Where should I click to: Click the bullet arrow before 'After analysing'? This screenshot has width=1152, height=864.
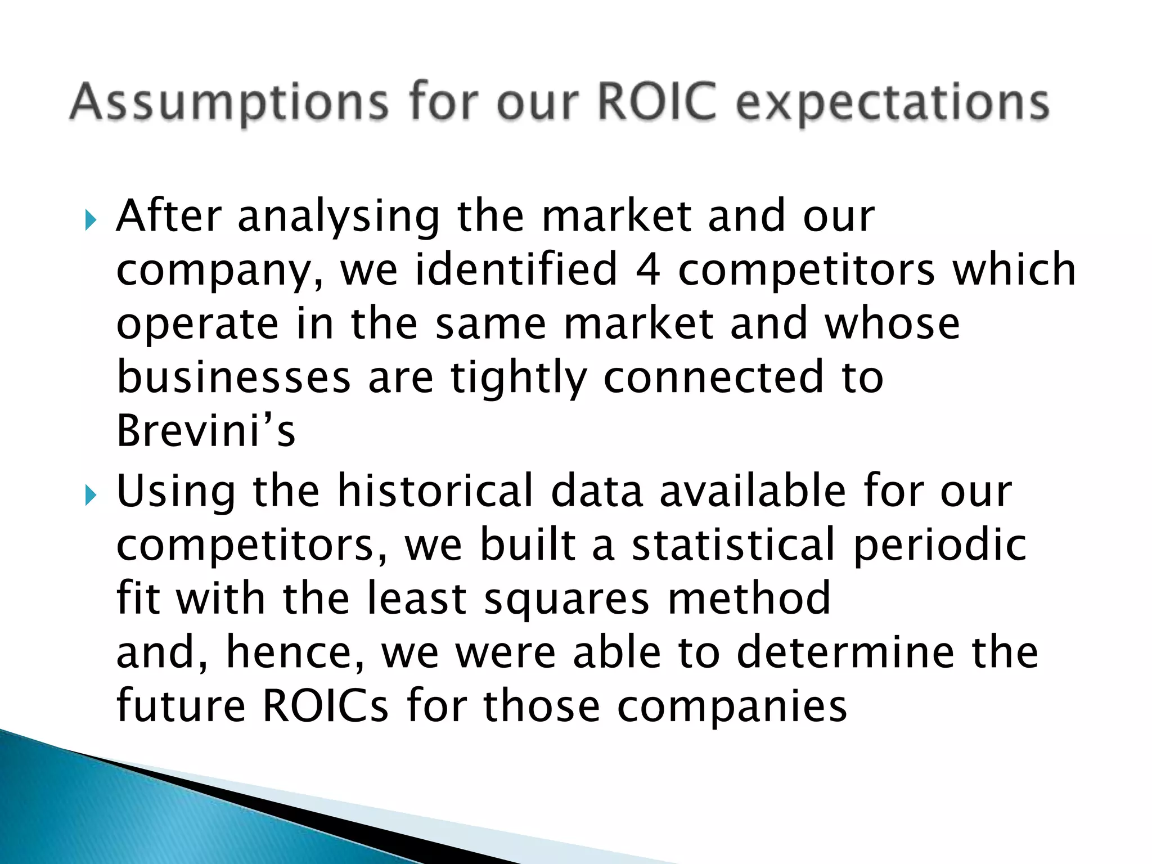coord(91,220)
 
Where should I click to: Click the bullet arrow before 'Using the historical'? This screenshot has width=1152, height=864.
coord(91,496)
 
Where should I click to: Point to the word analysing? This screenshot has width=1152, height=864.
coord(339,217)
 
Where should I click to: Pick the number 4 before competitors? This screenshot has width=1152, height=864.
coord(647,270)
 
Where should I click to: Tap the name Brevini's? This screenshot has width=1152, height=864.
coord(206,431)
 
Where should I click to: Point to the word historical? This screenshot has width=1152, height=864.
coord(434,492)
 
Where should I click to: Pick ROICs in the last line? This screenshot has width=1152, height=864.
coord(325,705)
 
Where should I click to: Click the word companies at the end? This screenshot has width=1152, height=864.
coord(732,706)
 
